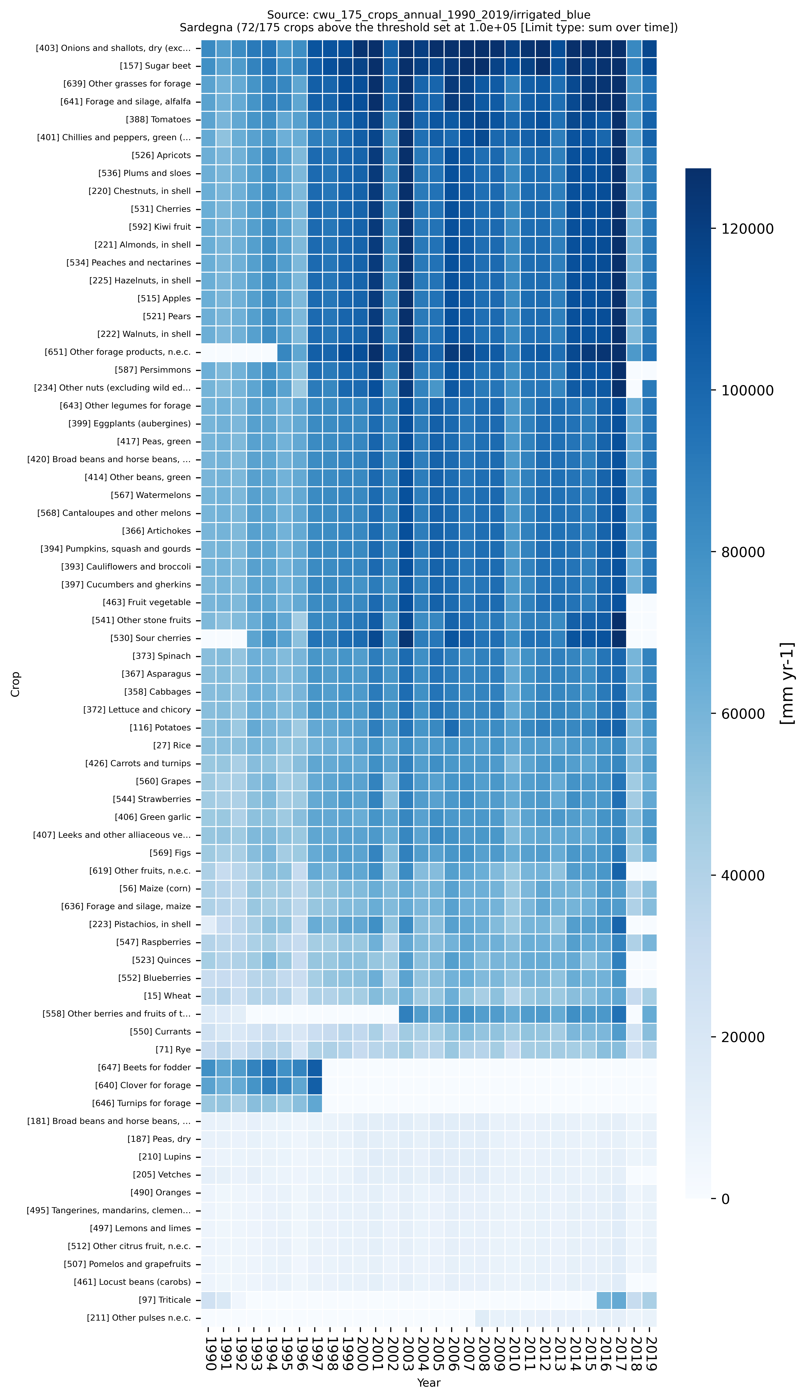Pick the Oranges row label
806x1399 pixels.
click(161, 1192)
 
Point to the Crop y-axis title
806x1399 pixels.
click(15, 684)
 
